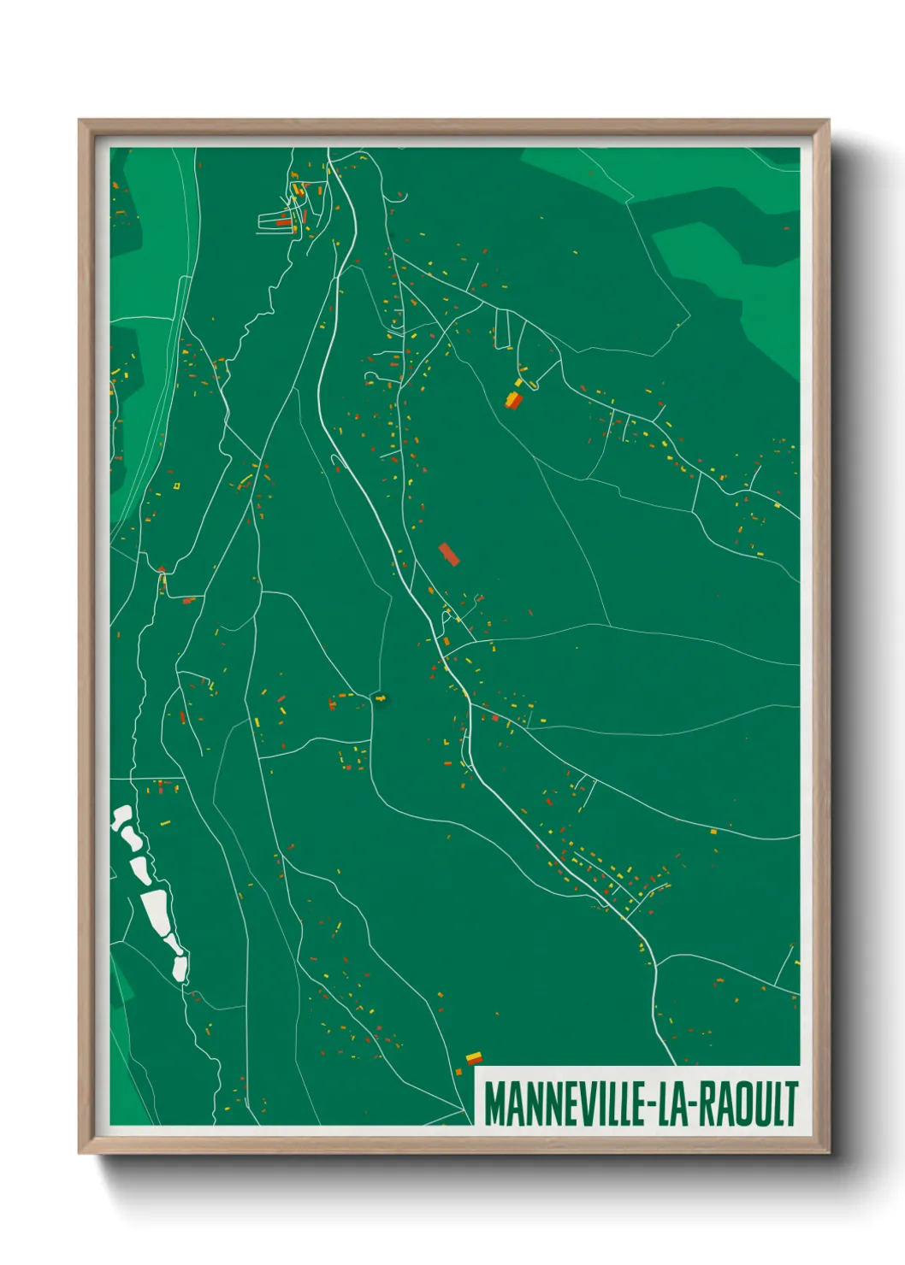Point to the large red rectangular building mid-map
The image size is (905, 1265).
coord(449,554)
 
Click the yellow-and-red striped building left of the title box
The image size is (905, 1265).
coord(473,1058)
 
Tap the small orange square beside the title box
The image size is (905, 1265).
coord(458,1072)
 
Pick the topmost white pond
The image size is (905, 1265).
coord(121,816)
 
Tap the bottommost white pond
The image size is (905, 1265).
coord(180,967)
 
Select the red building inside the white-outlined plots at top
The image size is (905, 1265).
coord(284,222)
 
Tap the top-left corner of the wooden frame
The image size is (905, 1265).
coord(80,122)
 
